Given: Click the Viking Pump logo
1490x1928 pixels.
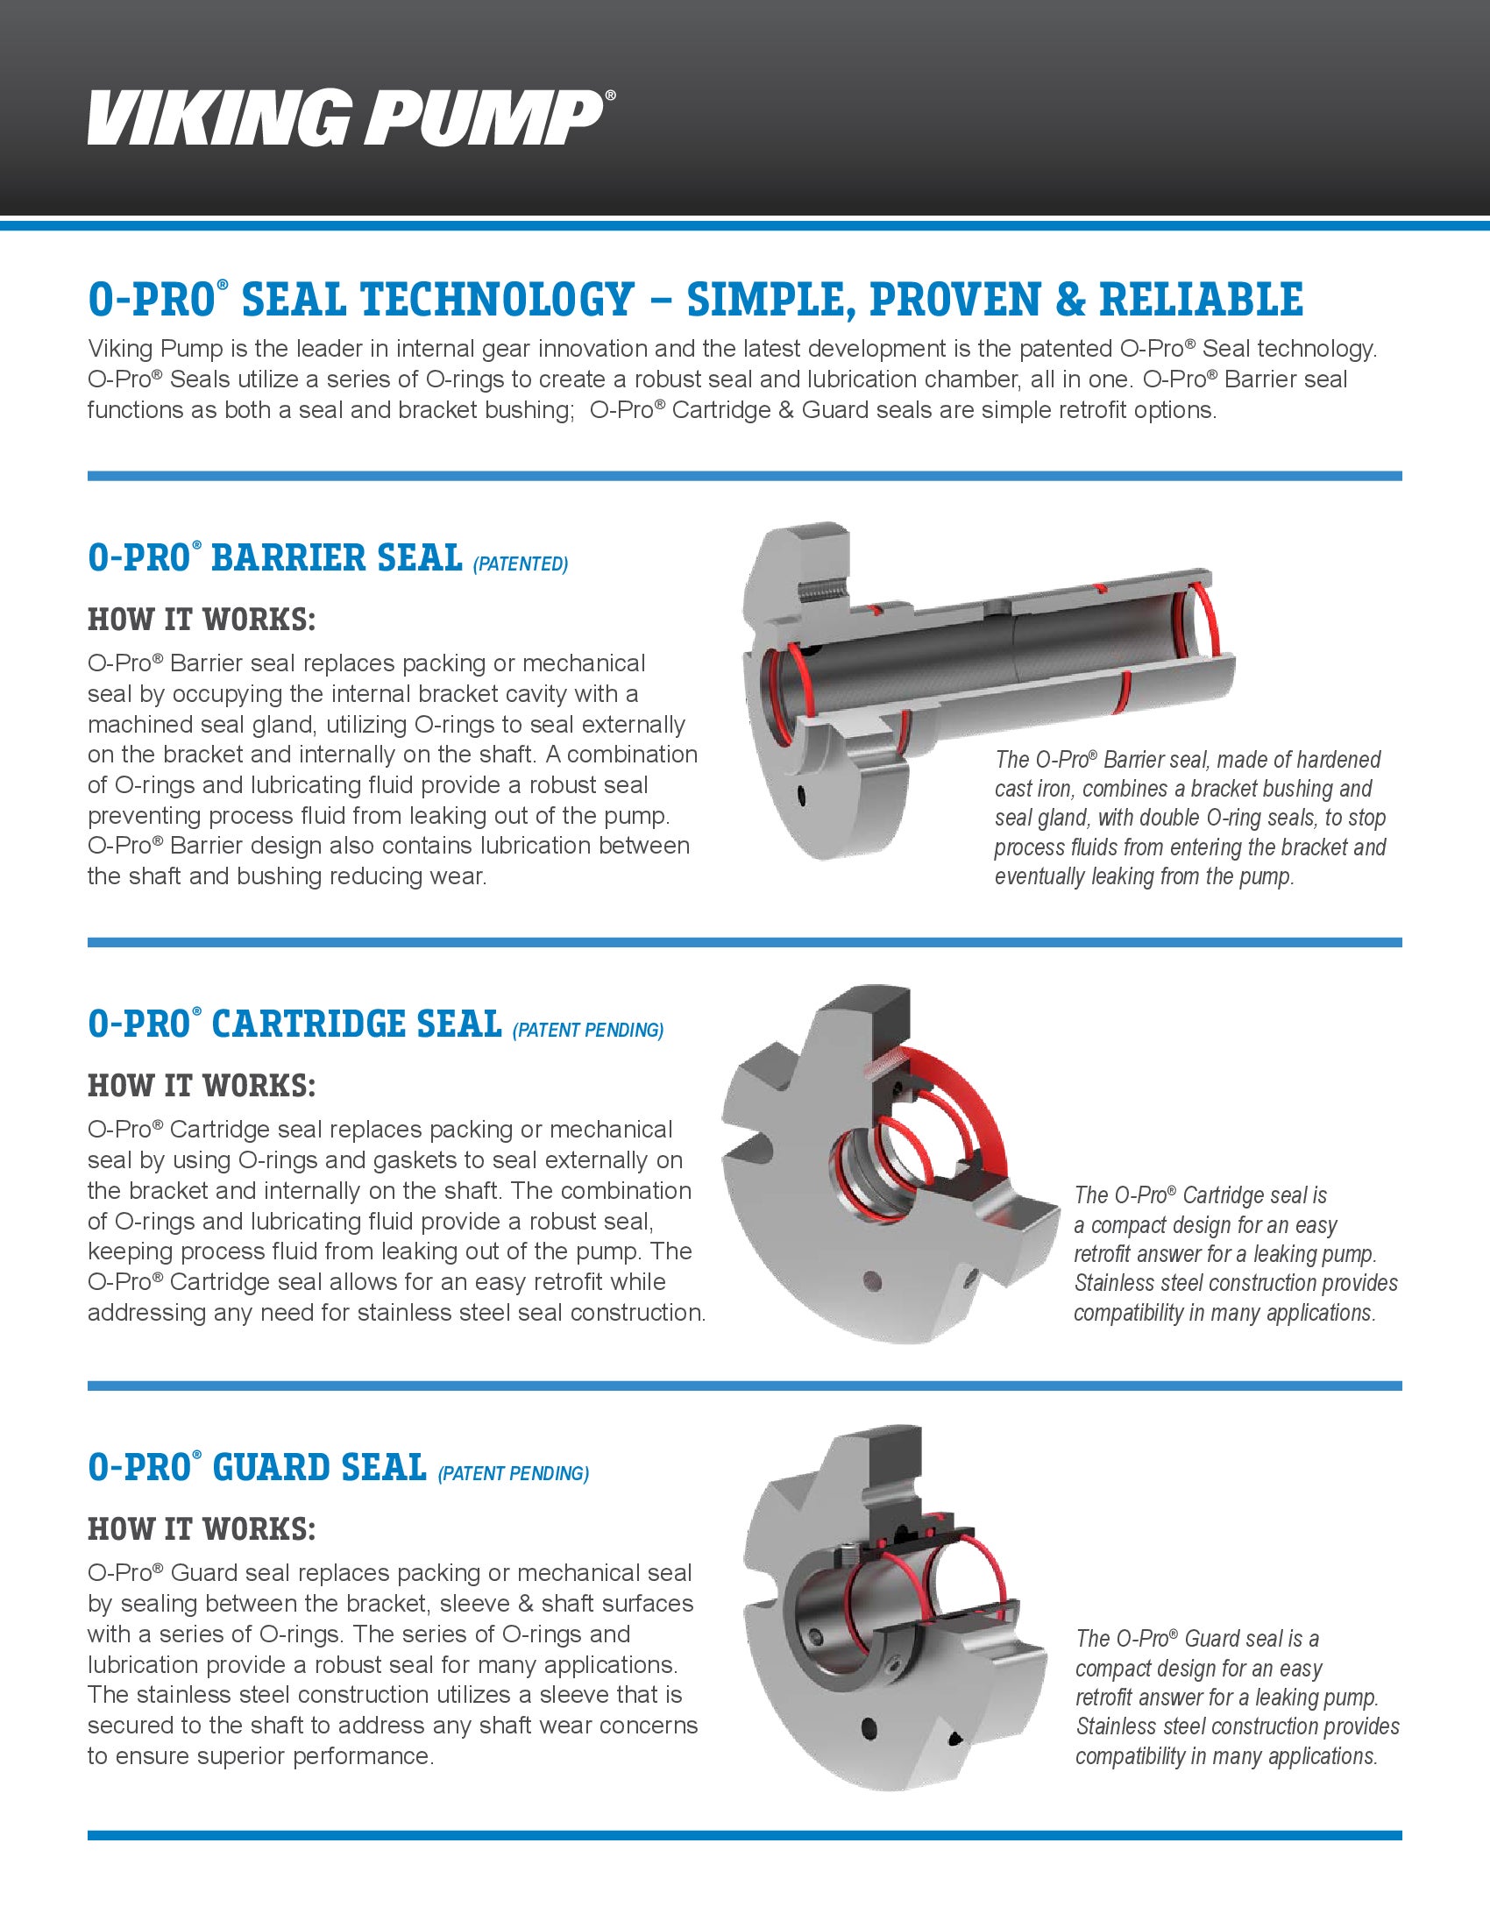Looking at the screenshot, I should [351, 116].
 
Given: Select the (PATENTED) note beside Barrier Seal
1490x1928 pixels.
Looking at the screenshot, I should [521, 564].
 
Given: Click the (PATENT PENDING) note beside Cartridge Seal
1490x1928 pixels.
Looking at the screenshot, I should [588, 1031].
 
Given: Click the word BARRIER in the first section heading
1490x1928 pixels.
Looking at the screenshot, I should [336, 558].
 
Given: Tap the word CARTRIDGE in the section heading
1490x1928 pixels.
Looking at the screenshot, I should [357, 1024].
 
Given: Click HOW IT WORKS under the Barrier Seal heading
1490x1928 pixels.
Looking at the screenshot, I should [202, 620].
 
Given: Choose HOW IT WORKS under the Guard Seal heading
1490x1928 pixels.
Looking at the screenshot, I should [202, 1528].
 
